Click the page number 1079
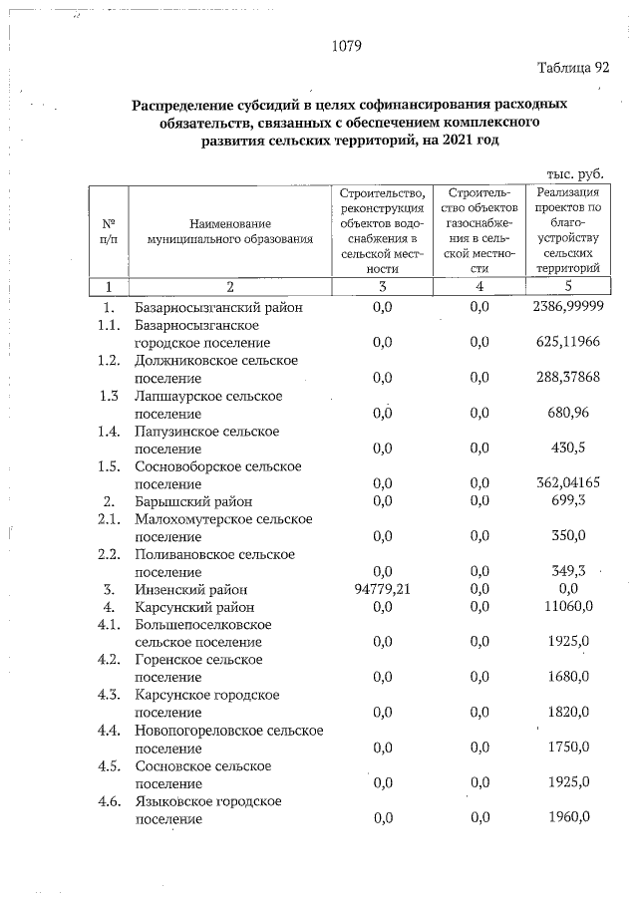(x=345, y=46)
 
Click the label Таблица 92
(x=572, y=68)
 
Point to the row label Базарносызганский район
(x=218, y=307)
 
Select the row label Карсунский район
(x=195, y=606)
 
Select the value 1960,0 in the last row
(x=569, y=818)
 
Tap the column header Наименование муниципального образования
(x=229, y=232)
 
